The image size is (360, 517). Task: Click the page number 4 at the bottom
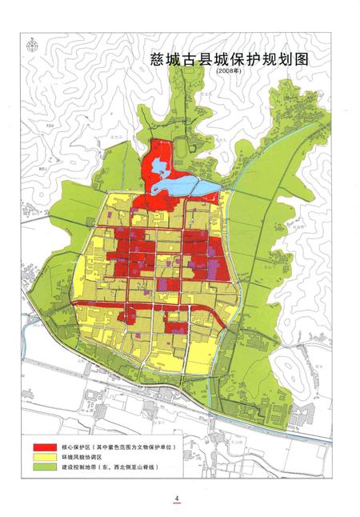[177, 497]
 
